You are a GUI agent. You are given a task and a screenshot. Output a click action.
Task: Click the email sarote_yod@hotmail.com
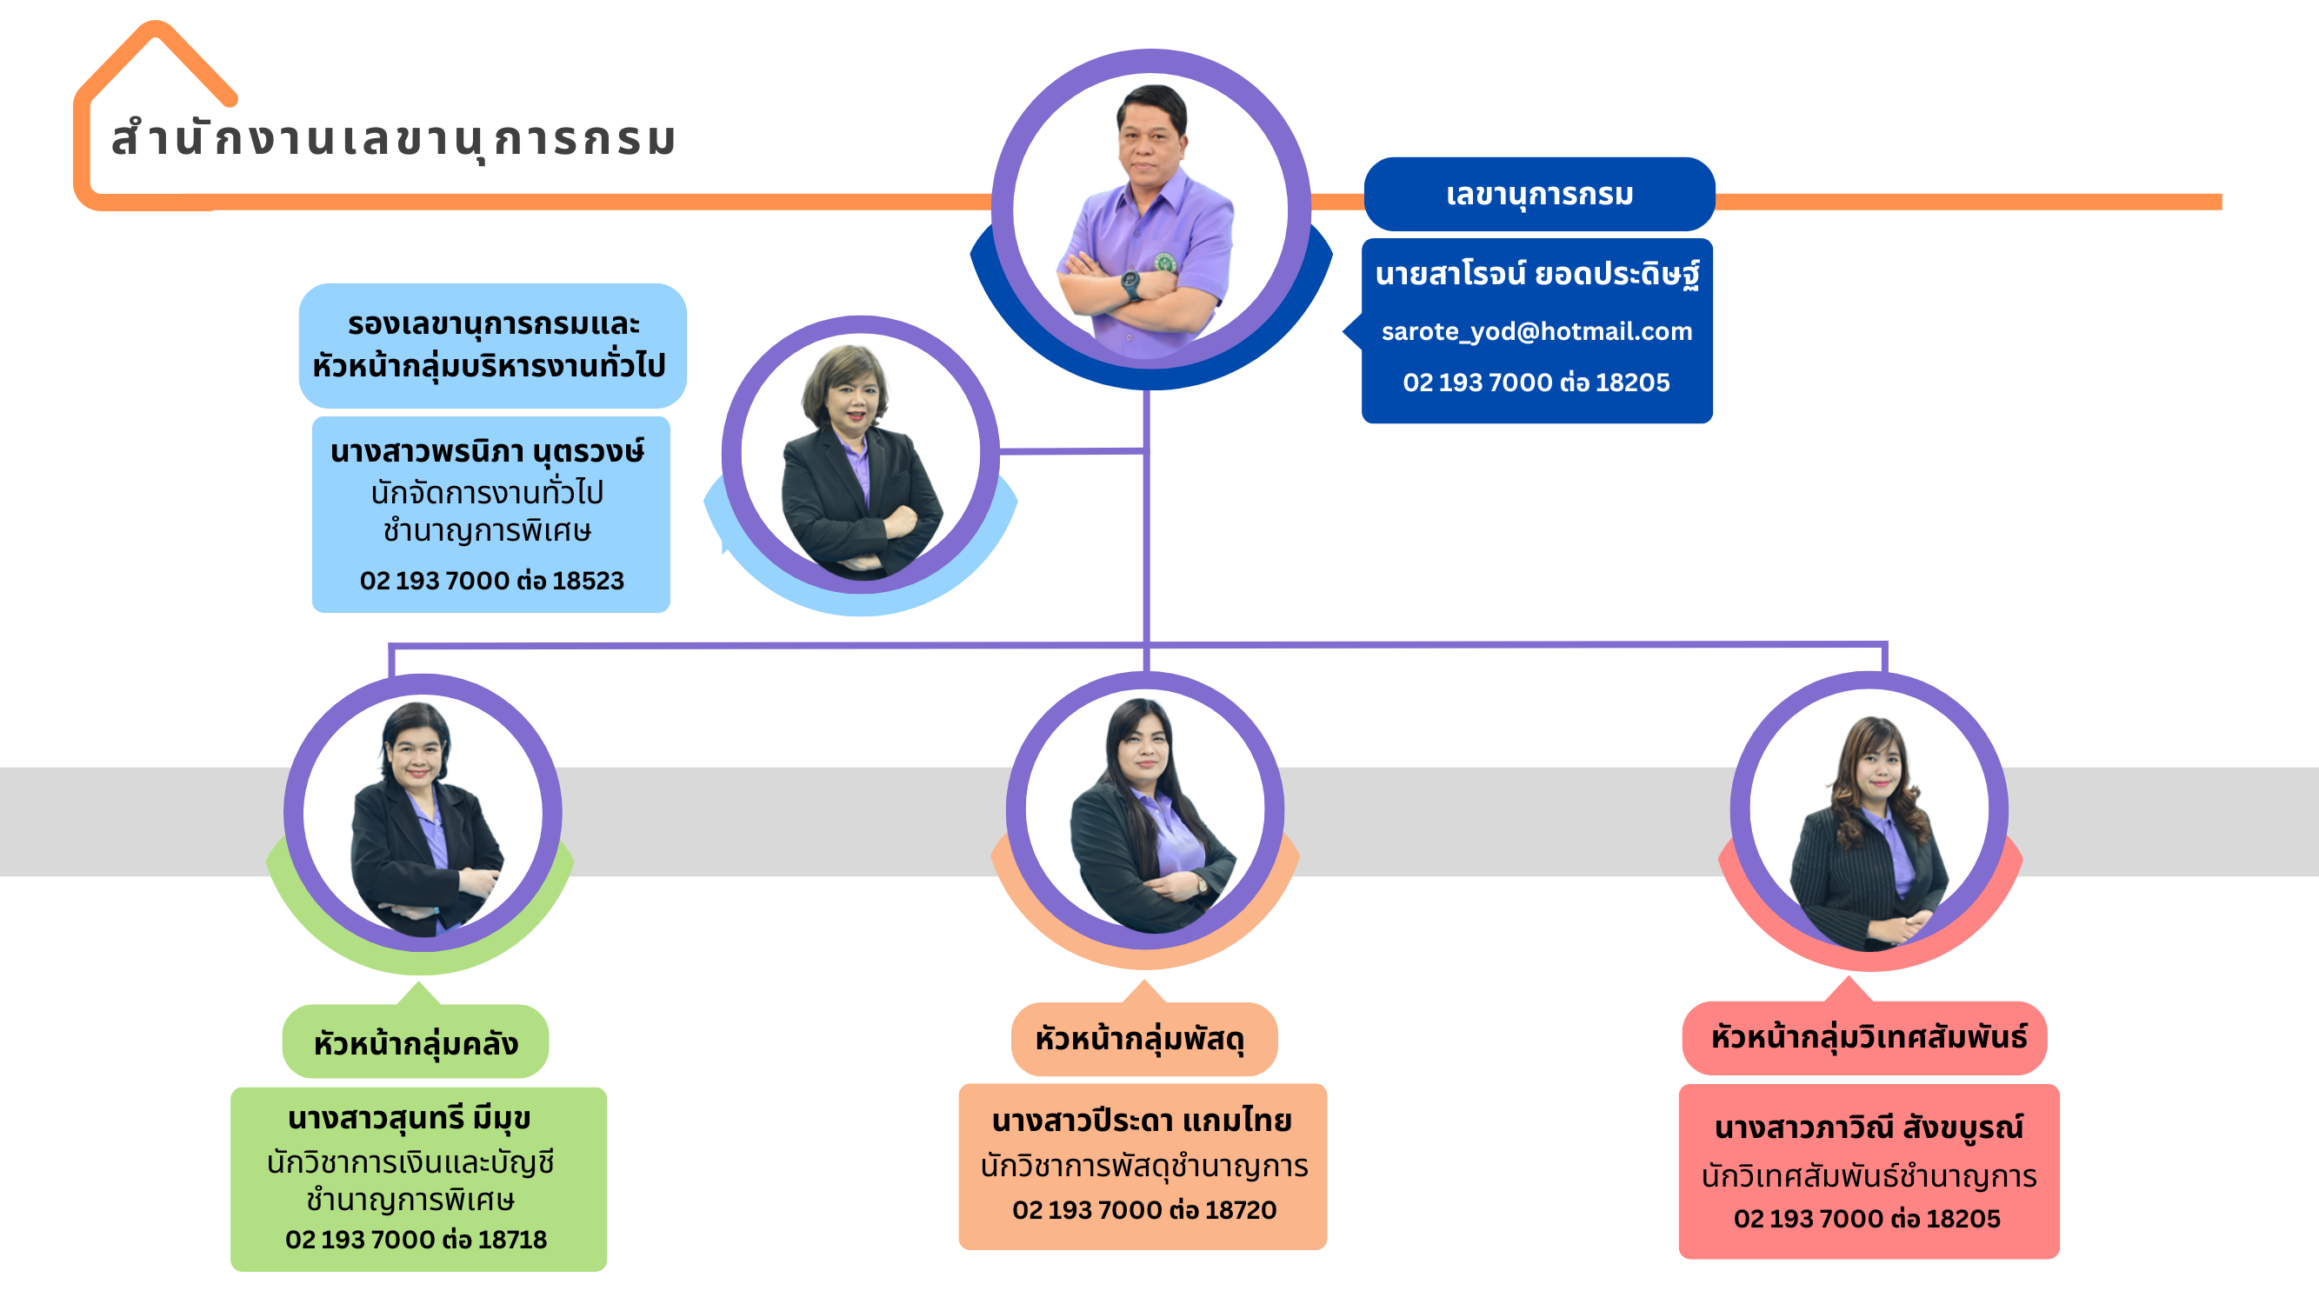(1536, 331)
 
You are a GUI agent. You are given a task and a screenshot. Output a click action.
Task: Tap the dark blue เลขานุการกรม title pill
(1538, 194)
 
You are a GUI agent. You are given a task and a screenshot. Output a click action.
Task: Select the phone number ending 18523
(491, 581)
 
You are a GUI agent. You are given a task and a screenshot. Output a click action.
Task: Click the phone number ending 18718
(416, 1239)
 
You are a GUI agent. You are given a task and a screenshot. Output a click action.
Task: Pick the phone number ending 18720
(1143, 1209)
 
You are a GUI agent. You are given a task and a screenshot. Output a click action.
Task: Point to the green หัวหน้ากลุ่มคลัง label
(415, 1043)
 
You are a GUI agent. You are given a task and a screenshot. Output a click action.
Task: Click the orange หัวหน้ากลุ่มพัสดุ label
(1141, 1039)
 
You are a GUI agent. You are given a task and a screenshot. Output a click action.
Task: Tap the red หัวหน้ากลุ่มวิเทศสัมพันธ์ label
(1868, 1037)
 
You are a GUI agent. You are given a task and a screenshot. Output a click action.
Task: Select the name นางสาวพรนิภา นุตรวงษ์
(487, 451)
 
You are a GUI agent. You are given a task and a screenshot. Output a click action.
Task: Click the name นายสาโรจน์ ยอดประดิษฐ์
(1536, 273)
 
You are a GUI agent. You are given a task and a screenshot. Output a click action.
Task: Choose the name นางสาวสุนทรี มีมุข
(410, 1119)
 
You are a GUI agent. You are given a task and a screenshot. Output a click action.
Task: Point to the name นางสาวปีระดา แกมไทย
(1142, 1121)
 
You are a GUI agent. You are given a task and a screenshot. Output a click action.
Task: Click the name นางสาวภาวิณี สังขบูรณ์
(1869, 1127)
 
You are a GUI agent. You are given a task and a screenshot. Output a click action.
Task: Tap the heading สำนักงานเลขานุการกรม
(393, 139)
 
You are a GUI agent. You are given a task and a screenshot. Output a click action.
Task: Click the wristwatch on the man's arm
(1130, 283)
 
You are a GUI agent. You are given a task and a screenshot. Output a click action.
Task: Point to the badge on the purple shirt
(1165, 263)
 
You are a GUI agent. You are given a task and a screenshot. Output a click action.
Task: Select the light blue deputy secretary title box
(491, 344)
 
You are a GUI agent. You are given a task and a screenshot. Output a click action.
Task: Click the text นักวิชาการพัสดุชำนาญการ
(1143, 1167)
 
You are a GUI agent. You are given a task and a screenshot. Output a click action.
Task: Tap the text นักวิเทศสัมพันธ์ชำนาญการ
(1869, 1175)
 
